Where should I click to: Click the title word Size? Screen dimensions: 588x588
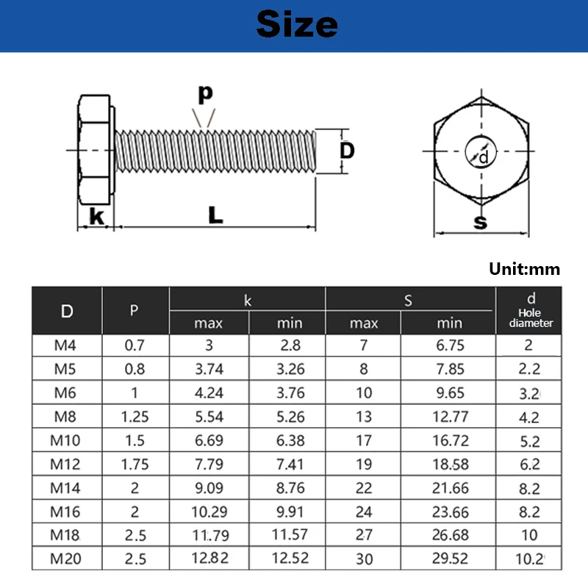(x=297, y=25)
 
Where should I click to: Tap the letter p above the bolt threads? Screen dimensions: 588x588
(x=205, y=93)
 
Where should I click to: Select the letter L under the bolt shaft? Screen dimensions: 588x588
(x=215, y=215)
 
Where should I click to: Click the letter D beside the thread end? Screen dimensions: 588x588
(x=347, y=151)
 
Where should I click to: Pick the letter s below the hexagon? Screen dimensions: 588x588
(x=481, y=221)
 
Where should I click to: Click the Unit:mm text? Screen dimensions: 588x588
(x=524, y=269)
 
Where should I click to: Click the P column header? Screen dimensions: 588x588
(x=134, y=310)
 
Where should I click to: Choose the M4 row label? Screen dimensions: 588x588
(x=67, y=346)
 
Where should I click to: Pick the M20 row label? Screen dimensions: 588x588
(x=67, y=559)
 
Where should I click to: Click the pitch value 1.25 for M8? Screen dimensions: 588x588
(x=135, y=417)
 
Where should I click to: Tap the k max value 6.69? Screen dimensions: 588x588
(x=209, y=440)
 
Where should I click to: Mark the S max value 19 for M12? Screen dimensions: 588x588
(x=364, y=464)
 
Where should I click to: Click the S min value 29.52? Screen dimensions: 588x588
(x=449, y=559)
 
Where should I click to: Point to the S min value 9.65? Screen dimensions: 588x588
(x=449, y=393)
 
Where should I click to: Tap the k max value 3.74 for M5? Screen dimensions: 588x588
(x=209, y=370)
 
